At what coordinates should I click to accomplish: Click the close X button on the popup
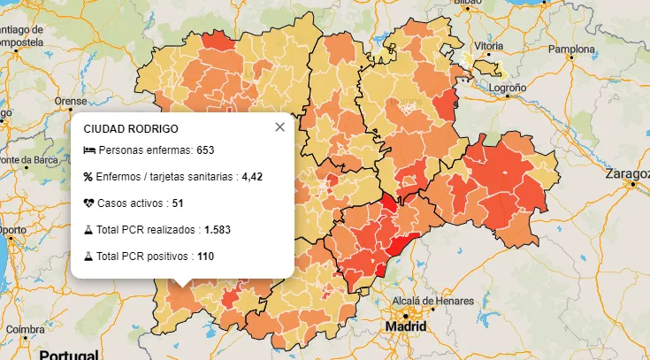pyautogui.click(x=280, y=127)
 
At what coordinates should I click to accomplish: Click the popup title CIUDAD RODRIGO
pyautogui.click(x=130, y=128)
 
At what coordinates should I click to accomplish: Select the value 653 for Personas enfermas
pyautogui.click(x=206, y=150)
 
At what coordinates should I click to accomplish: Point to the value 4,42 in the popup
pyautogui.click(x=252, y=177)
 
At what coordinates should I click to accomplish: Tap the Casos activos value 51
pyautogui.click(x=178, y=203)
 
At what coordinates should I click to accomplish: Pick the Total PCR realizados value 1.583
pyautogui.click(x=218, y=230)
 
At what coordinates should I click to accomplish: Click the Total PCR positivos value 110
pyautogui.click(x=206, y=257)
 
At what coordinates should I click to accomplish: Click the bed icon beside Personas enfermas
pyautogui.click(x=88, y=150)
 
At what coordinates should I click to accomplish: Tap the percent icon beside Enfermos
pyautogui.click(x=88, y=177)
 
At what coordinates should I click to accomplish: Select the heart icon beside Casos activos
pyautogui.click(x=88, y=203)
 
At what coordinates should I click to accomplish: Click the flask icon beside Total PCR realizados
pyautogui.click(x=88, y=230)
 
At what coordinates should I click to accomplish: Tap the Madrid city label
pyautogui.click(x=405, y=327)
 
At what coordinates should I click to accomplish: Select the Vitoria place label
pyautogui.click(x=488, y=45)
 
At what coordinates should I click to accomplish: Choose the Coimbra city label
pyautogui.click(x=25, y=329)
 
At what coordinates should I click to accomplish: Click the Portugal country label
pyautogui.click(x=68, y=354)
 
